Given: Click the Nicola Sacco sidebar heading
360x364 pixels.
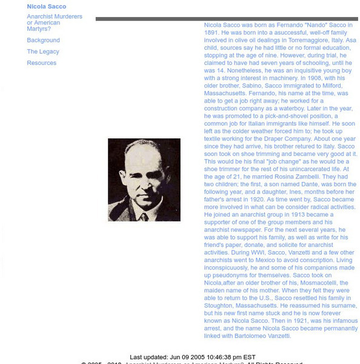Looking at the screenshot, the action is coord(46,7).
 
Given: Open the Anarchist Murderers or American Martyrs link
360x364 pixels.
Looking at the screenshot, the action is coord(55,22).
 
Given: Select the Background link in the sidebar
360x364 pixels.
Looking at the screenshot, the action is coord(43,40).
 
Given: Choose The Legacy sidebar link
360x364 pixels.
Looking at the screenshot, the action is coord(43,52).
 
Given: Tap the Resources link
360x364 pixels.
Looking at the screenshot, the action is coord(42,62).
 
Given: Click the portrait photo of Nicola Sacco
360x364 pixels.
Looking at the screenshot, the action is coord(144,180).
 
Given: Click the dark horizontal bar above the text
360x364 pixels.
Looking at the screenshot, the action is coord(226,19).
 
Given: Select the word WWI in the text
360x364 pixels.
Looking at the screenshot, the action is coord(239,253).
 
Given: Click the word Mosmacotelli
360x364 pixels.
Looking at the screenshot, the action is coord(325,283).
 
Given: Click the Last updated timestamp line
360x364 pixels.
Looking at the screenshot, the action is coord(193,357).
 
